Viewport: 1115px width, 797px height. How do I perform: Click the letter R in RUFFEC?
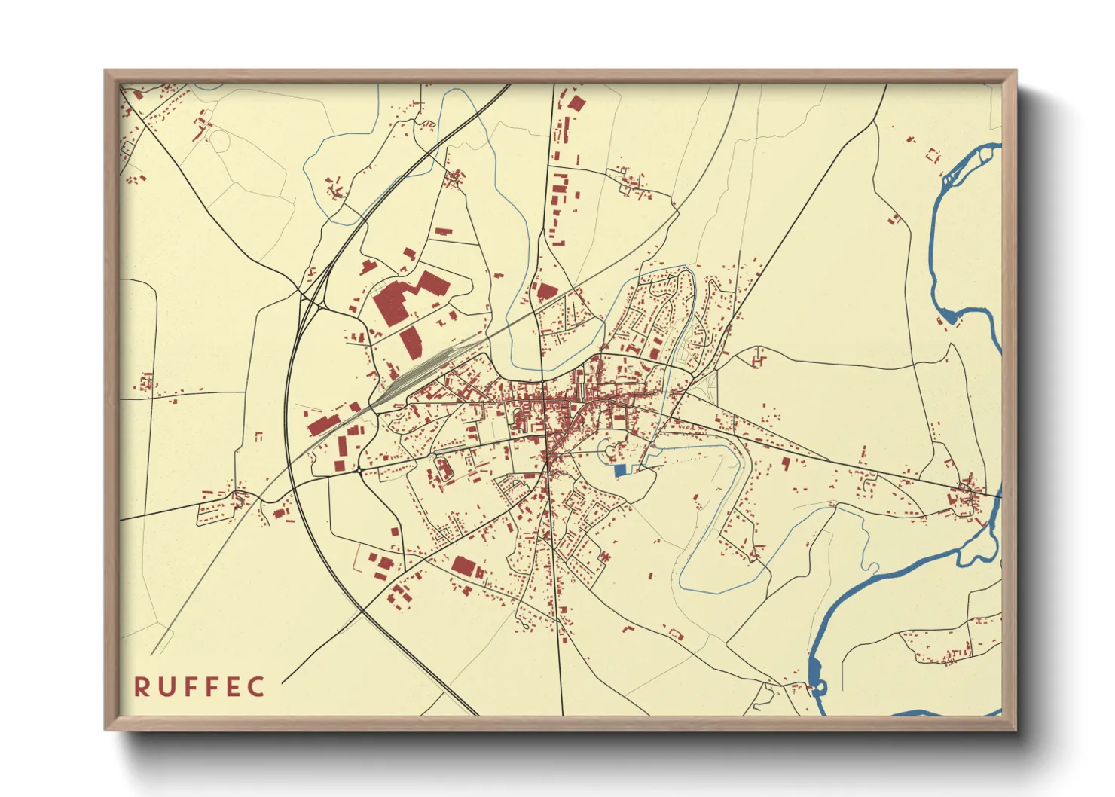[x=141, y=687]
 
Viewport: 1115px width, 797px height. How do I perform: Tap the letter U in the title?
[x=166, y=687]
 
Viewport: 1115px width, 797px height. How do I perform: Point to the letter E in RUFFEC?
[x=236, y=687]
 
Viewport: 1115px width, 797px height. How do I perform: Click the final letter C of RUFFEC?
[x=258, y=687]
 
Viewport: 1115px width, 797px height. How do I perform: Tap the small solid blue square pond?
[x=620, y=470]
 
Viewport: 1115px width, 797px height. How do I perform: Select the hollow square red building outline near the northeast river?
[x=933, y=156]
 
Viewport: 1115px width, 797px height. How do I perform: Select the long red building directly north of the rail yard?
[x=411, y=342]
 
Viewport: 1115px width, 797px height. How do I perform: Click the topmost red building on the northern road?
[x=576, y=103]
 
